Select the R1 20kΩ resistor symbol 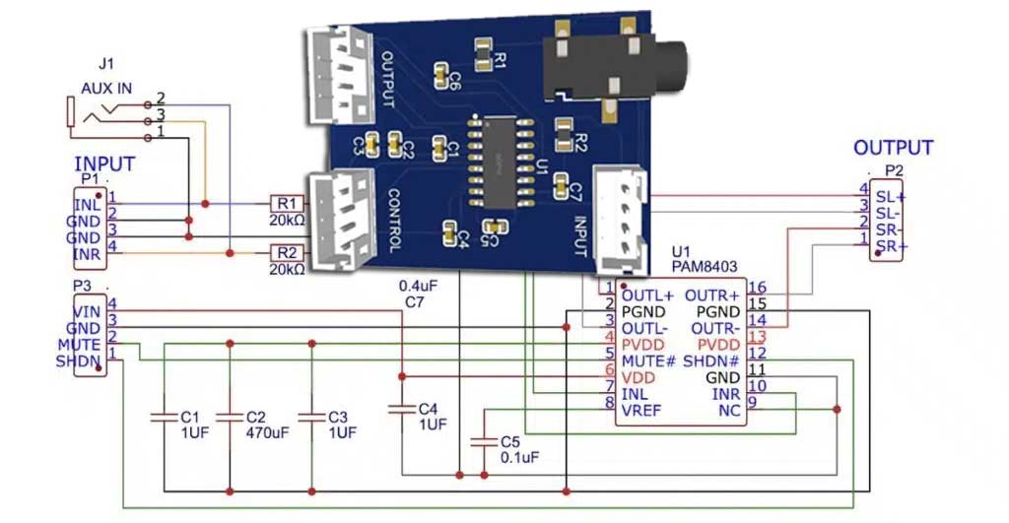(286, 203)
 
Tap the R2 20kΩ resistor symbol (286, 253)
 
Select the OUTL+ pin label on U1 (647, 294)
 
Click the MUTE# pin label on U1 (647, 360)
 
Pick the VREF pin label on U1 (640, 409)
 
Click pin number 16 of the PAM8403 (757, 288)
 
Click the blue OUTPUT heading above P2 (893, 148)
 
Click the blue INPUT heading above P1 (104, 163)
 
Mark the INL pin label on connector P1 (88, 205)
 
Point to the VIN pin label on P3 (88, 312)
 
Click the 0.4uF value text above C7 (418, 286)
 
